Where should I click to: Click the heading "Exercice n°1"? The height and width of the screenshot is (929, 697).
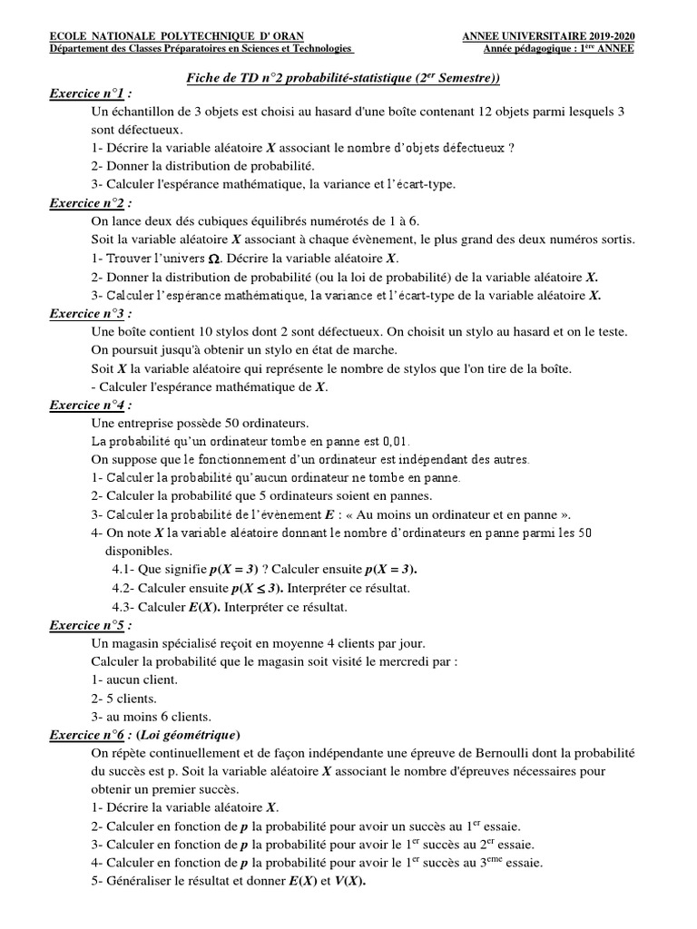(x=89, y=93)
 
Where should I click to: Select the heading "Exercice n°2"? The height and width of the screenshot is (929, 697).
(x=89, y=202)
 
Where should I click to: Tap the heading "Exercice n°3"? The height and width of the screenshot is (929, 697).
(x=89, y=313)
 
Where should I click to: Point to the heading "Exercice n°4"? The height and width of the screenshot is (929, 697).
(x=89, y=405)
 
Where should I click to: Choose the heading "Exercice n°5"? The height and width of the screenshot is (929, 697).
(x=89, y=625)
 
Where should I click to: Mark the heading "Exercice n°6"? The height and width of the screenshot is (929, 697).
(x=89, y=735)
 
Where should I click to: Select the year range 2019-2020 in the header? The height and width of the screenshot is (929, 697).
(x=604, y=35)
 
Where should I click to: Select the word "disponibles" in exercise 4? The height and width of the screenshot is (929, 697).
(x=137, y=551)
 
